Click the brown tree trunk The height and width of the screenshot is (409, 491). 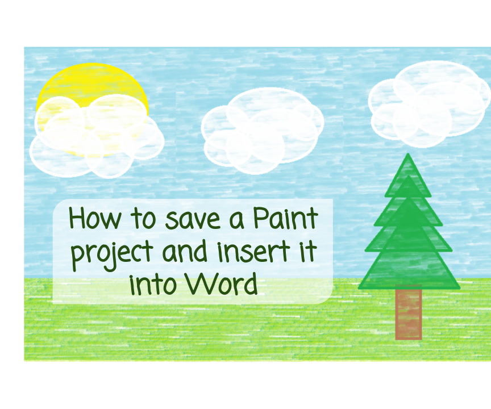pyautogui.click(x=408, y=314)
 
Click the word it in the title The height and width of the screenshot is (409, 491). pyautogui.click(x=307, y=251)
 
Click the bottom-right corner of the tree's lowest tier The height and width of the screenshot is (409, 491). pyautogui.click(x=459, y=287)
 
